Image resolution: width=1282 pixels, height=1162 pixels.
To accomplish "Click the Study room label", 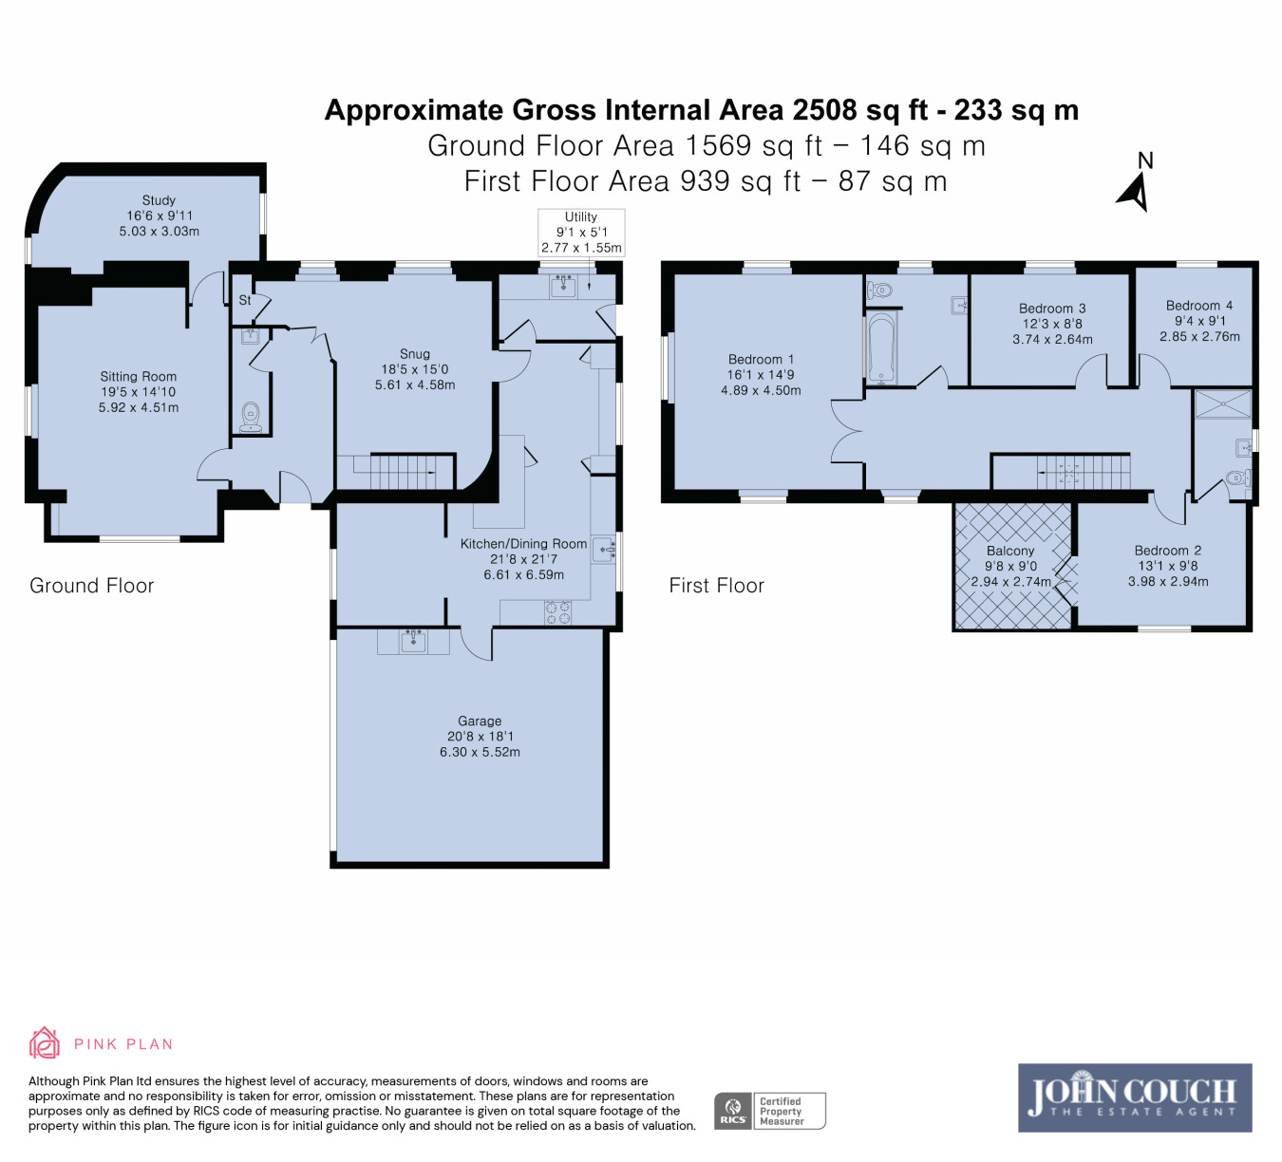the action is [159, 200].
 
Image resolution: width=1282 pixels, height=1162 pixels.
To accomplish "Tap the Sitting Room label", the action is [138, 377].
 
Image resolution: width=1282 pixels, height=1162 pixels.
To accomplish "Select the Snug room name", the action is [415, 354].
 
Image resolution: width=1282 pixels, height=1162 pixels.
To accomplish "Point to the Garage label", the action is [480, 721].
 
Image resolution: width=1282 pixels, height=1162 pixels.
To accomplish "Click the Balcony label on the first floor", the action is [1009, 551].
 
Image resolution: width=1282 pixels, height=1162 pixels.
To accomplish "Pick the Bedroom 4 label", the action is [1199, 306].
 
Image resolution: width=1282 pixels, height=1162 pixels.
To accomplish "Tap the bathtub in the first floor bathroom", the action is [881, 348].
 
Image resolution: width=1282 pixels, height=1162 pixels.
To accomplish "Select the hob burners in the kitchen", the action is [557, 612].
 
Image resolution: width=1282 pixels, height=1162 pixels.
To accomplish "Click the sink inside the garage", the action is [413, 641].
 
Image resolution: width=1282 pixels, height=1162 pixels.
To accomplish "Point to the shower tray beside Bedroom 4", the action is [1222, 404].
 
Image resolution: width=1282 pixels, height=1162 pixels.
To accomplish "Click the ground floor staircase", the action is [396, 472].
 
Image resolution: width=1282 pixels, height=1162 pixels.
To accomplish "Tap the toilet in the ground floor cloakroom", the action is [251, 418].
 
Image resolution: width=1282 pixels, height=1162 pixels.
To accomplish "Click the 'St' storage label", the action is [245, 300].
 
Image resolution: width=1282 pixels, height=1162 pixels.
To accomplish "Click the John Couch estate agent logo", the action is [1135, 1097].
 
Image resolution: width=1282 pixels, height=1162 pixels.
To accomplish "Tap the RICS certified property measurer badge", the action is [769, 1110].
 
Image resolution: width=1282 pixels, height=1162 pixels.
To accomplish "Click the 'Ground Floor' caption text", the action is [92, 586].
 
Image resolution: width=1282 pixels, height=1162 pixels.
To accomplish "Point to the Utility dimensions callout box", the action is [581, 233].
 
